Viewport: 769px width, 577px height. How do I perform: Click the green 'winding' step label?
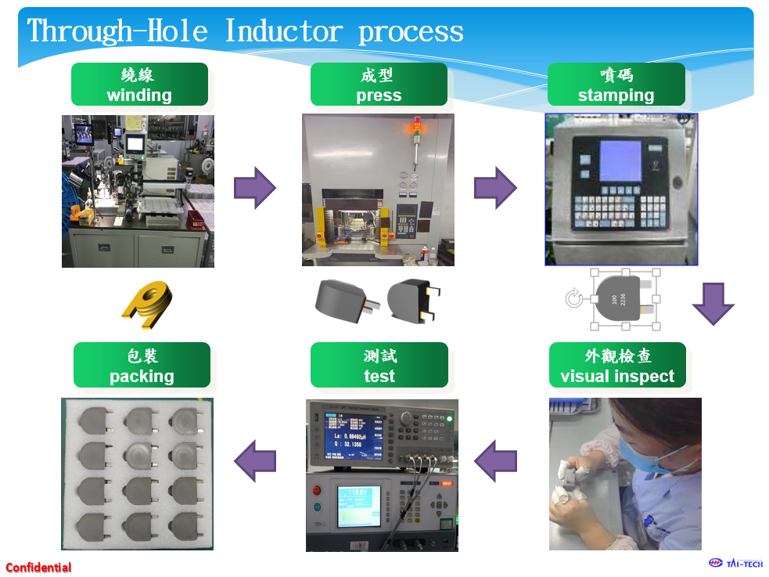[139, 85]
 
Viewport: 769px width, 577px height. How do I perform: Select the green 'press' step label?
[379, 85]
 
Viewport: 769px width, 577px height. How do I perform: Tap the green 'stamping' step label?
[616, 85]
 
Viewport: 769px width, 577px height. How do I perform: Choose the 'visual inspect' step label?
[617, 365]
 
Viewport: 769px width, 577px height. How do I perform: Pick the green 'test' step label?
[379, 365]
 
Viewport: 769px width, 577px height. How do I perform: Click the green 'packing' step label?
[142, 365]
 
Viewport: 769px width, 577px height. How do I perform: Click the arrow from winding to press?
[255, 188]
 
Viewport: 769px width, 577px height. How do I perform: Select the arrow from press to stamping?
[495, 188]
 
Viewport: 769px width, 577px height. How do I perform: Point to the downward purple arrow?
[713, 303]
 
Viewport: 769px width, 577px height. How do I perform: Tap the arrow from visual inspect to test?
[495, 460]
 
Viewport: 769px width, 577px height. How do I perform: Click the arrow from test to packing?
[255, 460]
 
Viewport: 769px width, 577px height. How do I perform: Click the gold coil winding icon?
[147, 305]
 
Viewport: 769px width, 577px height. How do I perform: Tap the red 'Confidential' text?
[38, 568]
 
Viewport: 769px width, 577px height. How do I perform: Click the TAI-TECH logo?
[735, 563]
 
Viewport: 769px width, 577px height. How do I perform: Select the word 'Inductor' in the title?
[283, 31]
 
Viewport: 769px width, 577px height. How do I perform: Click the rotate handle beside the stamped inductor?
[573, 298]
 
